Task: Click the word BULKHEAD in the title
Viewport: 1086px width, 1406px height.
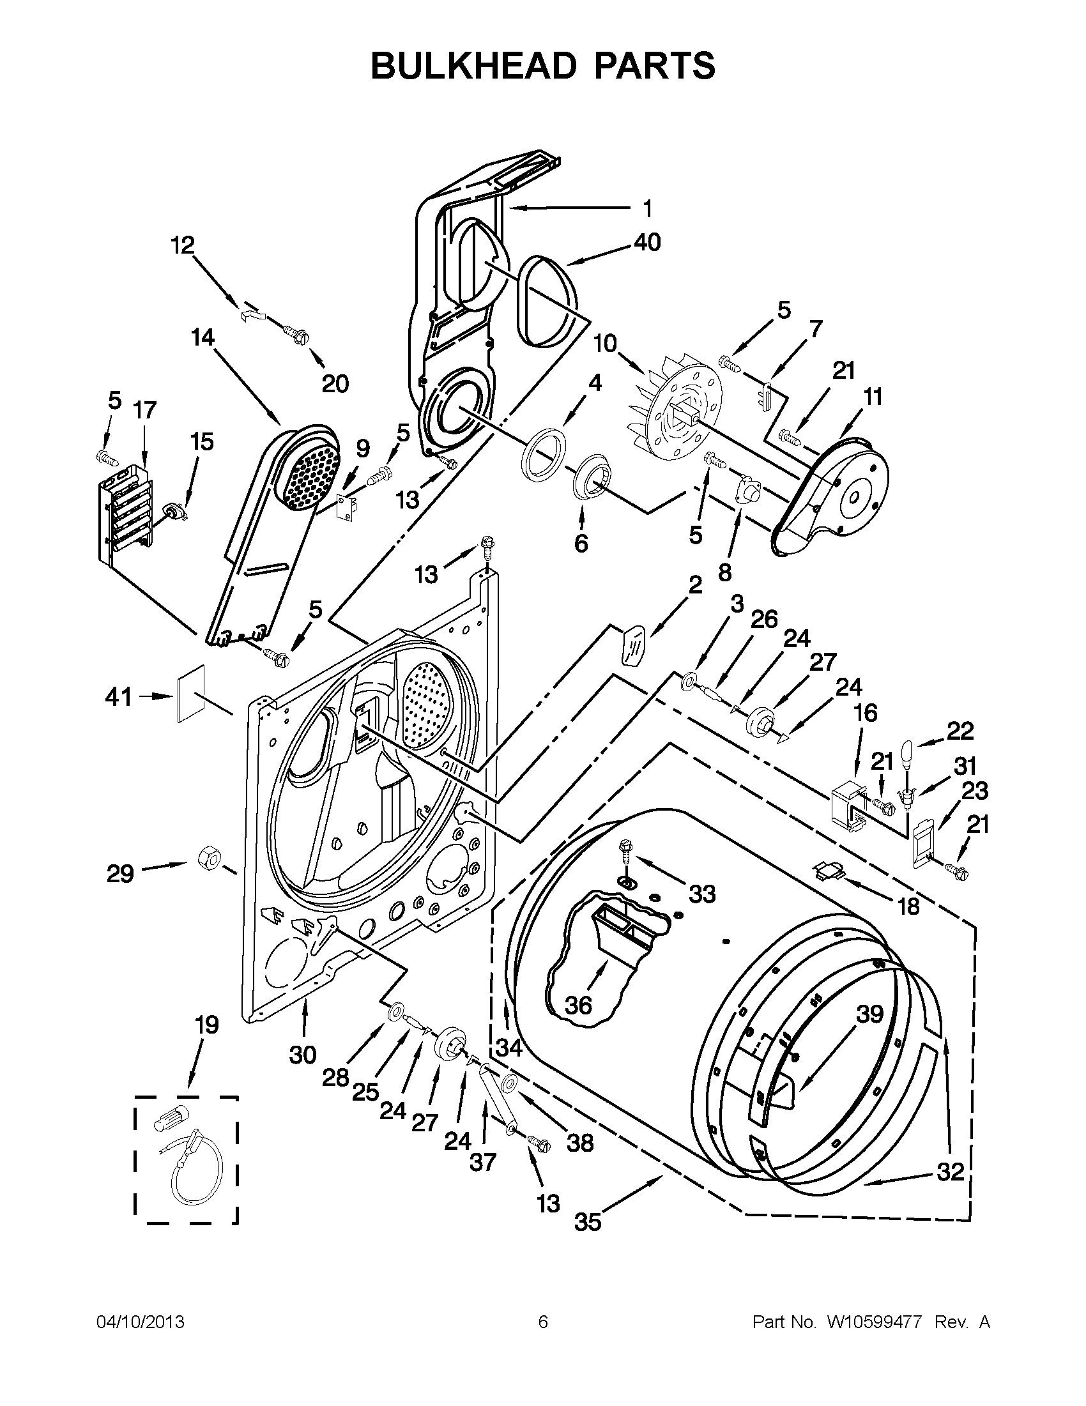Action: [x=473, y=66]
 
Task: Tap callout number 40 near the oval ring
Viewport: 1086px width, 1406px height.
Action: [x=647, y=242]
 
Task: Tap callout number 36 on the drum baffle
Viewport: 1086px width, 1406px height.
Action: [x=578, y=1005]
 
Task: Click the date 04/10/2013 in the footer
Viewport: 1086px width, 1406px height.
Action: [x=141, y=1322]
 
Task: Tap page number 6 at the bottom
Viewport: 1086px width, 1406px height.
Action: [x=542, y=1322]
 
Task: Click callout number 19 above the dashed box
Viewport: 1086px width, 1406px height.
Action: [x=206, y=1024]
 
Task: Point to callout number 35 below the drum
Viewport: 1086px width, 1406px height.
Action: [x=588, y=1221]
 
